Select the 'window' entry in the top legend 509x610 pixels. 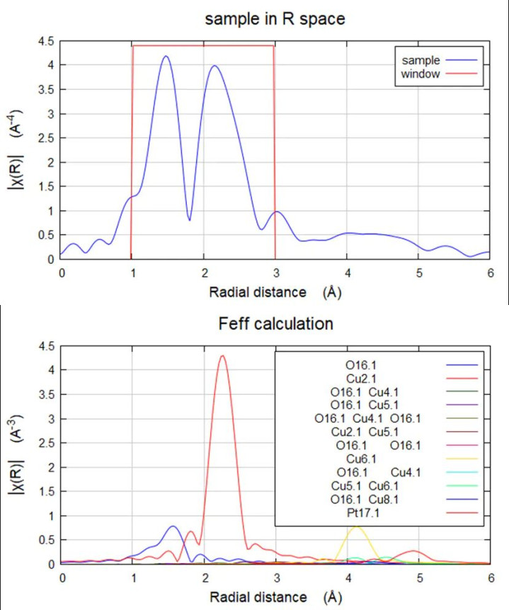[423, 73]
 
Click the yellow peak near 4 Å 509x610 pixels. [356, 527]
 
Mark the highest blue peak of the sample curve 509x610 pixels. [166, 57]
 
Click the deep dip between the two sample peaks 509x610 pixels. [189, 219]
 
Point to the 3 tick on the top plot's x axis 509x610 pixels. [275, 272]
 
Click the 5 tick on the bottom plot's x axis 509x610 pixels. [419, 577]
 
